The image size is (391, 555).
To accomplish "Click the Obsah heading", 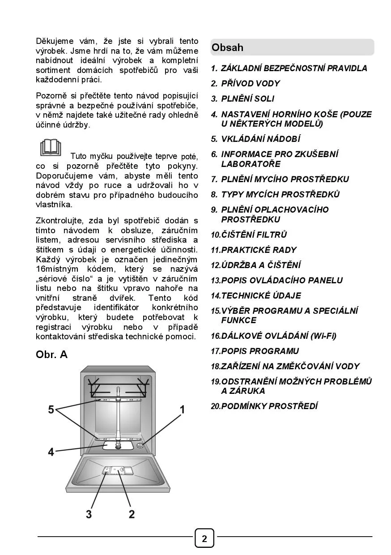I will tap(228, 47).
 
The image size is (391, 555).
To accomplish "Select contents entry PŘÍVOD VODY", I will tap(250, 84).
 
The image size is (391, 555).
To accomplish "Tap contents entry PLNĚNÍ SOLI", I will tap(247, 99).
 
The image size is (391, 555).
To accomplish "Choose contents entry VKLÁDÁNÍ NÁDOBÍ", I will tap(261, 139).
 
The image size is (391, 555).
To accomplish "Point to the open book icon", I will tap(51, 148).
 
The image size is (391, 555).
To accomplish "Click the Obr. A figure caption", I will tap(51, 355).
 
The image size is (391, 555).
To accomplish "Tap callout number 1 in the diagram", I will tap(183, 409).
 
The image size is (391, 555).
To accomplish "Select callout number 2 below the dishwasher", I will tap(132, 514).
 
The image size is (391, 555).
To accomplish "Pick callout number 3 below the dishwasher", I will tap(89, 514).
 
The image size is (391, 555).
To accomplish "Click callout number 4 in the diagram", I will tap(51, 453).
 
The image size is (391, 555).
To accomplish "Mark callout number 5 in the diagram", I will tap(51, 409).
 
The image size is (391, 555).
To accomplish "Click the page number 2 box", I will tap(204, 538).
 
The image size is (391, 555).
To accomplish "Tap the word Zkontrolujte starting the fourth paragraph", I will tap(59, 221).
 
